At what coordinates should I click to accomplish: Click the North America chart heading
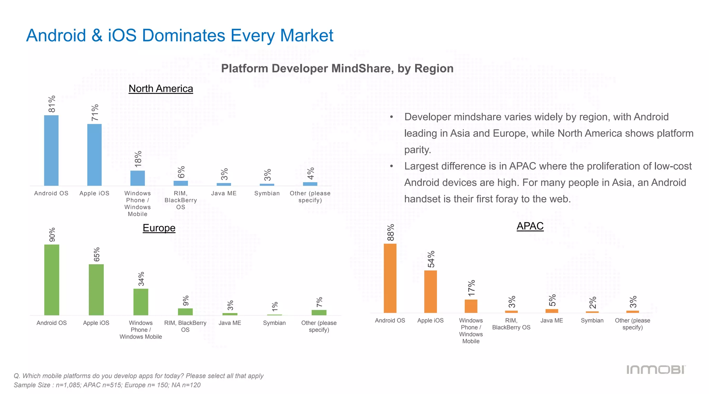(161, 89)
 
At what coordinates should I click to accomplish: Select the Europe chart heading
(159, 228)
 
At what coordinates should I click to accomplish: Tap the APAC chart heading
(530, 226)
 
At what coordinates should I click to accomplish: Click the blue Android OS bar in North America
(51, 150)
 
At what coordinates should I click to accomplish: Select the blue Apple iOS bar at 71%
(94, 155)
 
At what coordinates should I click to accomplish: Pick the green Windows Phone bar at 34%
(141, 302)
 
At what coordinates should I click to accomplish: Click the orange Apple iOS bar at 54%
(430, 292)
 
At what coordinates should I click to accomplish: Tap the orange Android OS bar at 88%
(390, 278)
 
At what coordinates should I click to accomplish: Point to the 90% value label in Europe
(52, 235)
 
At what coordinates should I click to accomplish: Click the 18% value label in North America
(138, 159)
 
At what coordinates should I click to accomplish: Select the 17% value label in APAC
(472, 288)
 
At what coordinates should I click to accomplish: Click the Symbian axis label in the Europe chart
(274, 323)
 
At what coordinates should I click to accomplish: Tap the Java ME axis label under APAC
(551, 321)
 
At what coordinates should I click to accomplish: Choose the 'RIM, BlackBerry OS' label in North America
(181, 200)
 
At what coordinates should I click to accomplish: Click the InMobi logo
(656, 370)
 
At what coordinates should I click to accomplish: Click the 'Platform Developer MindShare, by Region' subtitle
(337, 69)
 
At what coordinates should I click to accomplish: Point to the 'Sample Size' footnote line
(107, 385)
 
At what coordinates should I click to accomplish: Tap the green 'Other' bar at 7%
(319, 312)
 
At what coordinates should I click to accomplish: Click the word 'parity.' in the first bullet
(418, 150)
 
